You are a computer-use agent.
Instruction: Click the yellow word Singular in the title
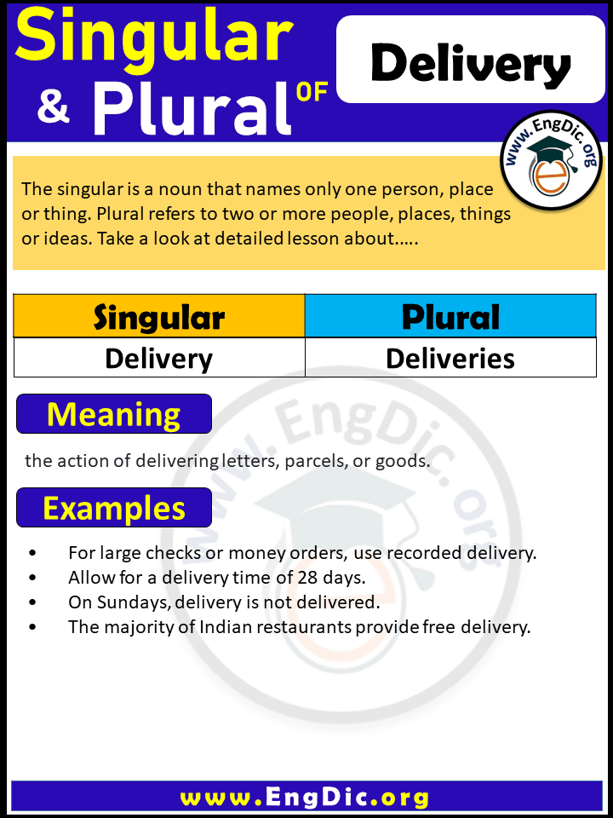[x=153, y=38]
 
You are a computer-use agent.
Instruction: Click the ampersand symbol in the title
[x=53, y=109]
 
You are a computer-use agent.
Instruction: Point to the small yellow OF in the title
[x=312, y=91]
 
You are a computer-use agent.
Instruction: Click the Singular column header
[x=159, y=317]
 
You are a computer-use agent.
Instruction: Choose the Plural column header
[x=450, y=317]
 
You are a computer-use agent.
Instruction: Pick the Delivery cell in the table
[x=159, y=359]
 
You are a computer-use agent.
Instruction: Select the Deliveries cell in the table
[x=450, y=359]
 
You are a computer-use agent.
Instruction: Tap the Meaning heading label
[x=113, y=414]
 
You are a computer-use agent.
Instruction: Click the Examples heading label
[x=113, y=509]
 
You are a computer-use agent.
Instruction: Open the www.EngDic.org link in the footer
[x=305, y=798]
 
